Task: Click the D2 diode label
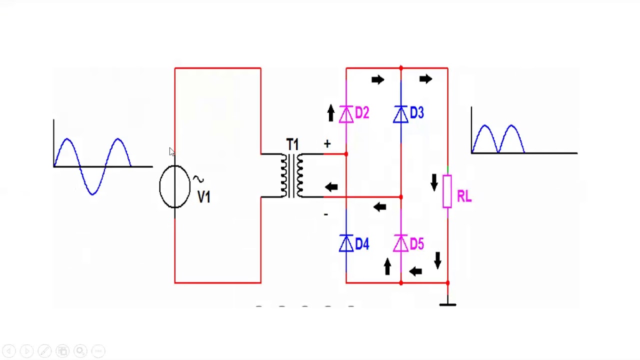tap(362, 113)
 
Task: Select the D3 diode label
tap(416, 113)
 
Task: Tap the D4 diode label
tap(362, 244)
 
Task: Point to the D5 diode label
tap(416, 244)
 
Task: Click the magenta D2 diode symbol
tap(346, 115)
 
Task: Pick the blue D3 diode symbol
tap(400, 115)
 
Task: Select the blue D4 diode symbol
tap(346, 244)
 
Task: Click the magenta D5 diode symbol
tap(400, 244)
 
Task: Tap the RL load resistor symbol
tap(447, 191)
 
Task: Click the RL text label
tap(464, 196)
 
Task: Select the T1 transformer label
tap(292, 145)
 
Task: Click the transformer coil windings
tap(292, 175)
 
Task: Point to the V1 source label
tap(204, 197)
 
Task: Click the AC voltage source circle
tap(174, 186)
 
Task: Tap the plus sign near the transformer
tap(327, 144)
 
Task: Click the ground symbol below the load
tap(447, 302)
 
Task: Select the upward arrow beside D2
tap(330, 112)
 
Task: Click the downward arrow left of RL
tap(434, 182)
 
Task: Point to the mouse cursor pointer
tap(172, 152)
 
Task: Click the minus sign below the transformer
tap(325, 214)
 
